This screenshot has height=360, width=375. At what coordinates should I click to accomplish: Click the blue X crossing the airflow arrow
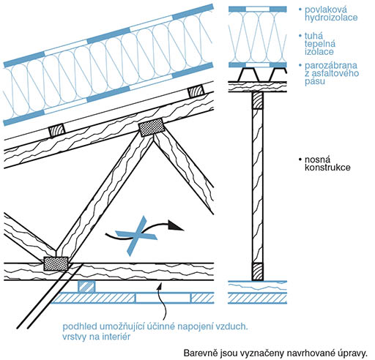pyautogui.click(x=136, y=236)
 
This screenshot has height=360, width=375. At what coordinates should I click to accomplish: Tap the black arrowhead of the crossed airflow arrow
pyautogui.click(x=175, y=225)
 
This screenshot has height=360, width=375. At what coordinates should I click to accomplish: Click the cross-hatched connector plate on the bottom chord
pyautogui.click(x=56, y=263)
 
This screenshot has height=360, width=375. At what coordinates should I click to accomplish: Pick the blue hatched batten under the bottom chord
pyautogui.click(x=86, y=286)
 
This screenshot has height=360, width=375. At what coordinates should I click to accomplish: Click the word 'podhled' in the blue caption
pyautogui.click(x=77, y=326)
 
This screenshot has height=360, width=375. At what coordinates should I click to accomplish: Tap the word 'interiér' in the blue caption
pyautogui.click(x=116, y=337)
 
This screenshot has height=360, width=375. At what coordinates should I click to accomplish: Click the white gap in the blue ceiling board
pyautogui.click(x=163, y=298)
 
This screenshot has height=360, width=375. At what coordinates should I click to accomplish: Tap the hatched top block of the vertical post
pyautogui.click(x=258, y=100)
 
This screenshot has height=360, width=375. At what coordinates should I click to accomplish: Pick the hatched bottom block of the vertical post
pyautogui.click(x=258, y=271)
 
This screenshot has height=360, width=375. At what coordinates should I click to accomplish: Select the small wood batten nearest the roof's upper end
pyautogui.click(x=196, y=91)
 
